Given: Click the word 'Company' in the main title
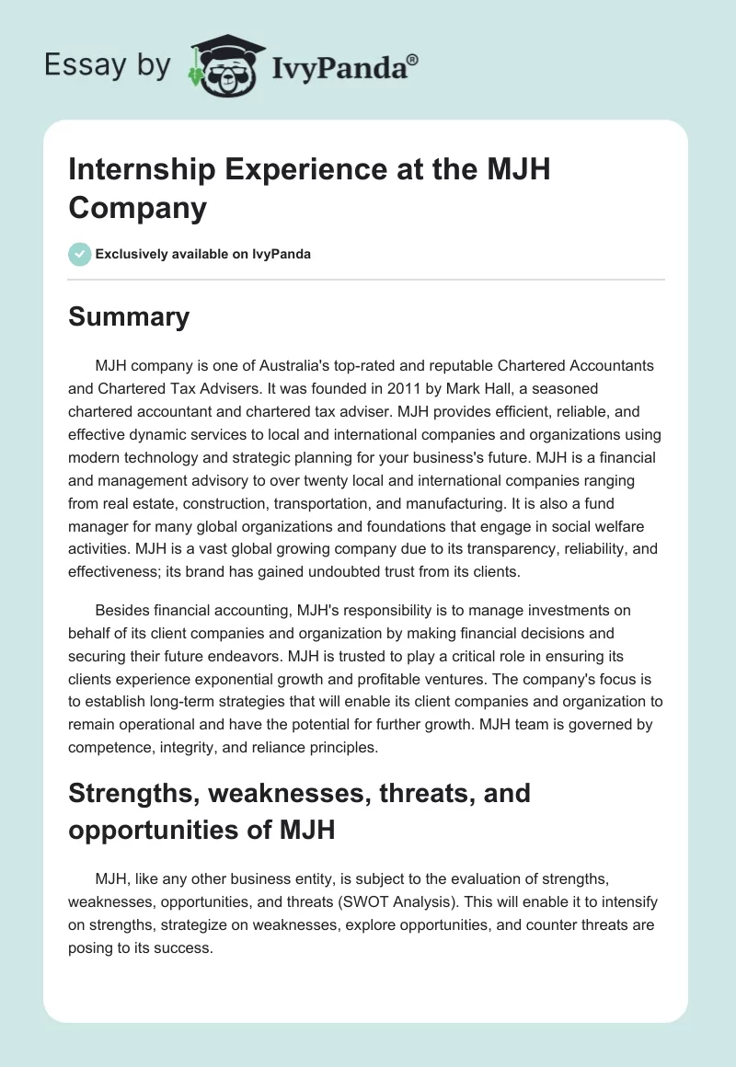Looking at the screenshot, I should (x=137, y=208).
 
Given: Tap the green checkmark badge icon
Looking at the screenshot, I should (x=80, y=254).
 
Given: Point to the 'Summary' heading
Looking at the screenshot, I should (x=129, y=316).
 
